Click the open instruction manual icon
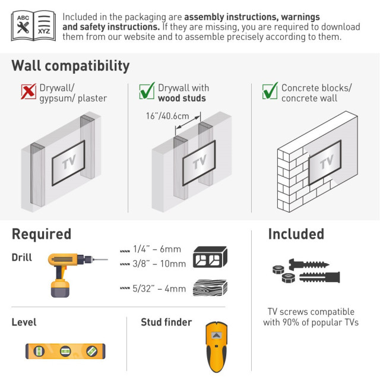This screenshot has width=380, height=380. tap(33, 26)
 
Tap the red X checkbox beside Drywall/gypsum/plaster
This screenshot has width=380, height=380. tap(28, 91)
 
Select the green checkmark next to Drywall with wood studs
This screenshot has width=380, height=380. tap(147, 91)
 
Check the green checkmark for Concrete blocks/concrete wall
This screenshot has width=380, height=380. tap(270, 91)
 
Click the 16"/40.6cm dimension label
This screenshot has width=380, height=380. tap(167, 116)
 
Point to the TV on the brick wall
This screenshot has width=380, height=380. tap(325, 162)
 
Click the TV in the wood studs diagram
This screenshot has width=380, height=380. tap(199, 163)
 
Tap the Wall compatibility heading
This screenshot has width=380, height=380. tap(71, 66)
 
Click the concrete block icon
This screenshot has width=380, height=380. tap(210, 257)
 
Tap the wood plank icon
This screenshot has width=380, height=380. tap(210, 287)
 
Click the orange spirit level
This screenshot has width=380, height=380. tap(65, 351)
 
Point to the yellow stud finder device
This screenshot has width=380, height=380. tap(216, 347)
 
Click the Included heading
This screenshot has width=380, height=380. tap(296, 234)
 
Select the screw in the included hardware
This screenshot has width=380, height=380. tap(309, 264)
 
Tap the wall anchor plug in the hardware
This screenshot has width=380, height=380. tap(319, 277)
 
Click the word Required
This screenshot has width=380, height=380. tap(42, 234)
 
